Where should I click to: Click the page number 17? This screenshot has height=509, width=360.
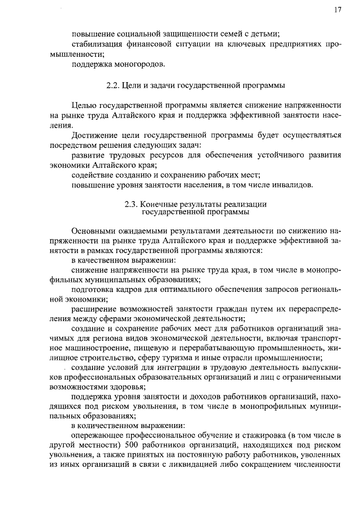pos(337,10)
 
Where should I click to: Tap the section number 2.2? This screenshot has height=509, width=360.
pos(114,85)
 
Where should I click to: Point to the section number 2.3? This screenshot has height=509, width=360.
pos(132,205)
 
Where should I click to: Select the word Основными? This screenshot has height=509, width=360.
pos(96,231)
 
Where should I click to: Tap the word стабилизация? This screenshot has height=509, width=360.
pos(98,44)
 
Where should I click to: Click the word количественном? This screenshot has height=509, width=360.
pos(116,426)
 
